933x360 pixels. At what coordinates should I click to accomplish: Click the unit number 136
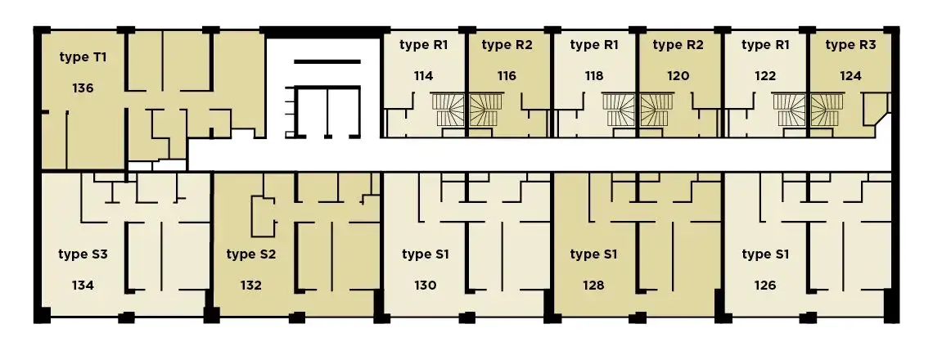[83, 88]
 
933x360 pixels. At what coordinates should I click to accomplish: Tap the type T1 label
[83, 57]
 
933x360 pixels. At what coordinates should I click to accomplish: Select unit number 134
[83, 285]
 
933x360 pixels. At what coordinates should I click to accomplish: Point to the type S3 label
[83, 254]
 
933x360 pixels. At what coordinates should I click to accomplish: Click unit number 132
[251, 285]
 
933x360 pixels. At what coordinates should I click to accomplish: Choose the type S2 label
[251, 254]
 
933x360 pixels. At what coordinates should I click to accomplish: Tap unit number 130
[426, 285]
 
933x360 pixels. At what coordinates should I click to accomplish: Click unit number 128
[594, 285]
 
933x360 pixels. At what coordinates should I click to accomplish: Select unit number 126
[765, 285]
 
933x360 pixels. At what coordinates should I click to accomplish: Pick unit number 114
[424, 75]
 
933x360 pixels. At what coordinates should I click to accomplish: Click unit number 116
[507, 75]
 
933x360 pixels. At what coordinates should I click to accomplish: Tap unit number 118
[594, 75]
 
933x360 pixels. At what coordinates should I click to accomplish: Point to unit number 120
[678, 75]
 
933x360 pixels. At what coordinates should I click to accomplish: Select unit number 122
[765, 75]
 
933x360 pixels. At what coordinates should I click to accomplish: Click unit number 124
[850, 75]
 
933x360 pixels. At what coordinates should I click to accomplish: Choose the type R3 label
[850, 45]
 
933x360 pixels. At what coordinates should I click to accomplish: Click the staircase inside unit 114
[449, 110]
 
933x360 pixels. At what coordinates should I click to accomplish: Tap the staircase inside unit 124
[827, 110]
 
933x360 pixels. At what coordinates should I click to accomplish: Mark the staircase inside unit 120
[656, 110]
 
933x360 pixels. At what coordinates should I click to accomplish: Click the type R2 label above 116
[507, 45]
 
